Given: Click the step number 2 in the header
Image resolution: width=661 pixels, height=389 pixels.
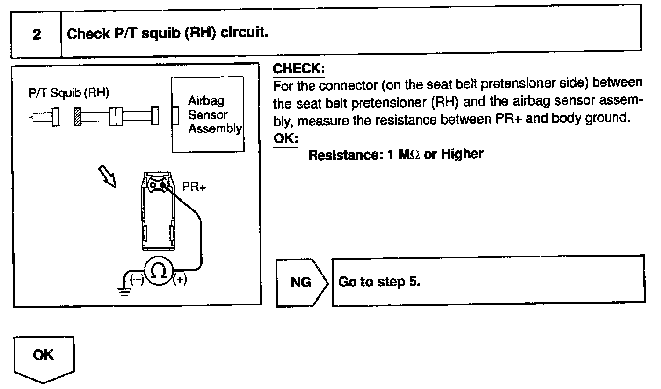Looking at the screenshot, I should [37, 34].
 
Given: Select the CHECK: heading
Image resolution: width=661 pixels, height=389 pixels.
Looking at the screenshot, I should [298, 69].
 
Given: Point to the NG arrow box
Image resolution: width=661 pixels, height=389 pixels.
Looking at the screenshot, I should [301, 282].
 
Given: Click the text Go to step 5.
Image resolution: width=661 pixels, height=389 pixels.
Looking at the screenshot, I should [379, 282].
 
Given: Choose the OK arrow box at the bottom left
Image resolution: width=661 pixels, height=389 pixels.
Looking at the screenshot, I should [43, 356].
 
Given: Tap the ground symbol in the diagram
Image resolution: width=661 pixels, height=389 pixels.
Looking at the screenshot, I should [124, 290].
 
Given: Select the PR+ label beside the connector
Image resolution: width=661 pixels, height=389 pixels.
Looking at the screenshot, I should [194, 187].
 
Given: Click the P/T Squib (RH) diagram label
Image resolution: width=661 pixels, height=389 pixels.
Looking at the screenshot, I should [69, 93].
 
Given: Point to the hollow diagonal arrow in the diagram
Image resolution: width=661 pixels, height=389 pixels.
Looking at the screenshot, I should [107, 176].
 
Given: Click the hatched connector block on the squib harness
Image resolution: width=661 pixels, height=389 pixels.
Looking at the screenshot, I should [78, 117].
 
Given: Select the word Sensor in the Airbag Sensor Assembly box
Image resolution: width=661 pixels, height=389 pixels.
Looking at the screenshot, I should [207, 115].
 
